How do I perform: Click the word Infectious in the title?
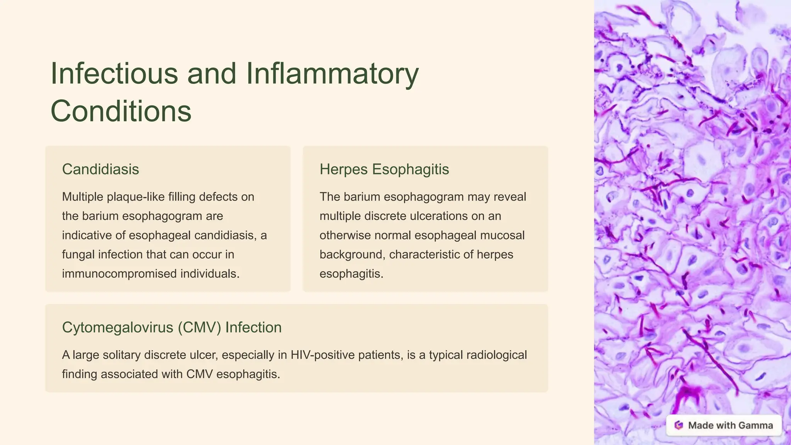click(x=114, y=73)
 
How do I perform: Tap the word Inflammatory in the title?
click(x=332, y=73)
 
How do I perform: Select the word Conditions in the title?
click(x=121, y=111)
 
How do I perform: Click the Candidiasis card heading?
click(x=100, y=169)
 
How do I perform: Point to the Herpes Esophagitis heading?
click(x=384, y=169)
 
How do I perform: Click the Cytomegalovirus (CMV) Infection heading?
click(x=171, y=327)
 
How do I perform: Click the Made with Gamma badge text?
click(x=730, y=425)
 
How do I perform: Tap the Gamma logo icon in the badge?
click(x=679, y=425)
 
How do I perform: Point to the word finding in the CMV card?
click(x=80, y=374)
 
